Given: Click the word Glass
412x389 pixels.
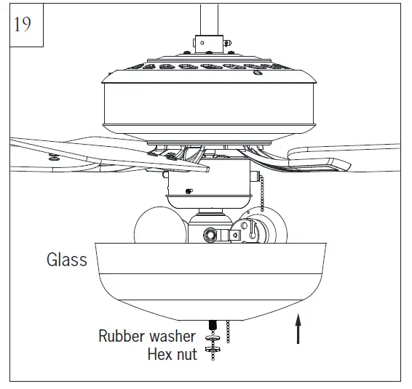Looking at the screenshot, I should point(66,259).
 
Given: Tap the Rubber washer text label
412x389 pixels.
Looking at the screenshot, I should point(147,336).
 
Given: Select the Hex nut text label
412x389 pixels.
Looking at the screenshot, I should point(172,355).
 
